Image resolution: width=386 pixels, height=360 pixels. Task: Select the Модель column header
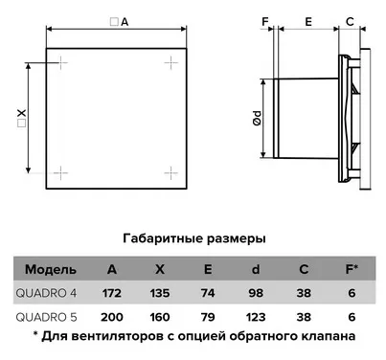coord(44,269)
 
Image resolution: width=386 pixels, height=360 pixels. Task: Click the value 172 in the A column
coord(112,292)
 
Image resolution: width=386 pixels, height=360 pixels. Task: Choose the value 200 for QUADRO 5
coord(112,315)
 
